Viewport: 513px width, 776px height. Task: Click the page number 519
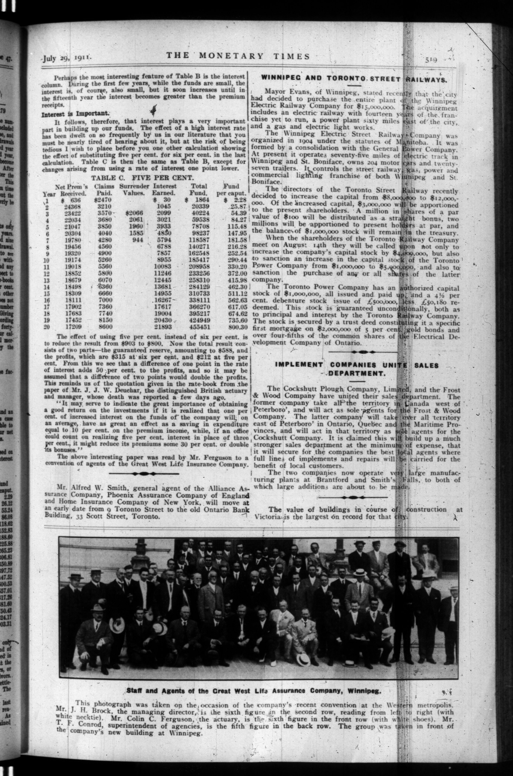coord(433,60)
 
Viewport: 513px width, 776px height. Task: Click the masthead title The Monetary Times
coord(238,56)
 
